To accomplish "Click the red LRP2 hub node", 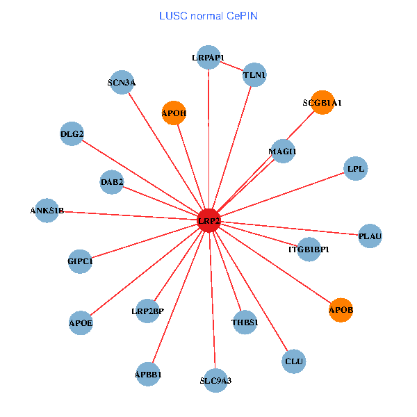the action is [x=209, y=221].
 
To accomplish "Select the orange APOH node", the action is [x=174, y=113].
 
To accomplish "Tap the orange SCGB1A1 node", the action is [x=322, y=102].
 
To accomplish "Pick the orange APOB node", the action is [x=341, y=309].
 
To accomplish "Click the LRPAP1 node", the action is [x=208, y=58].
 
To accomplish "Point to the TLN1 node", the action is [x=255, y=74].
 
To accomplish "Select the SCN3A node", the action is [x=122, y=83].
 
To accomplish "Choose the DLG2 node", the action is [x=72, y=134].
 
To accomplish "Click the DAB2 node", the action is [x=112, y=182].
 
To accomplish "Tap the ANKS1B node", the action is [x=47, y=211].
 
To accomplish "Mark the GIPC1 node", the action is [x=81, y=261].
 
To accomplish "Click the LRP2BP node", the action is [x=147, y=311].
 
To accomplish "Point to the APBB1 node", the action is [x=148, y=375].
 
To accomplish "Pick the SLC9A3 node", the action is [x=215, y=380].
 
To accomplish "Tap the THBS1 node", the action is [x=245, y=322].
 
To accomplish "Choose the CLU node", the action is [x=294, y=361].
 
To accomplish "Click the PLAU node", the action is [x=370, y=236].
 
